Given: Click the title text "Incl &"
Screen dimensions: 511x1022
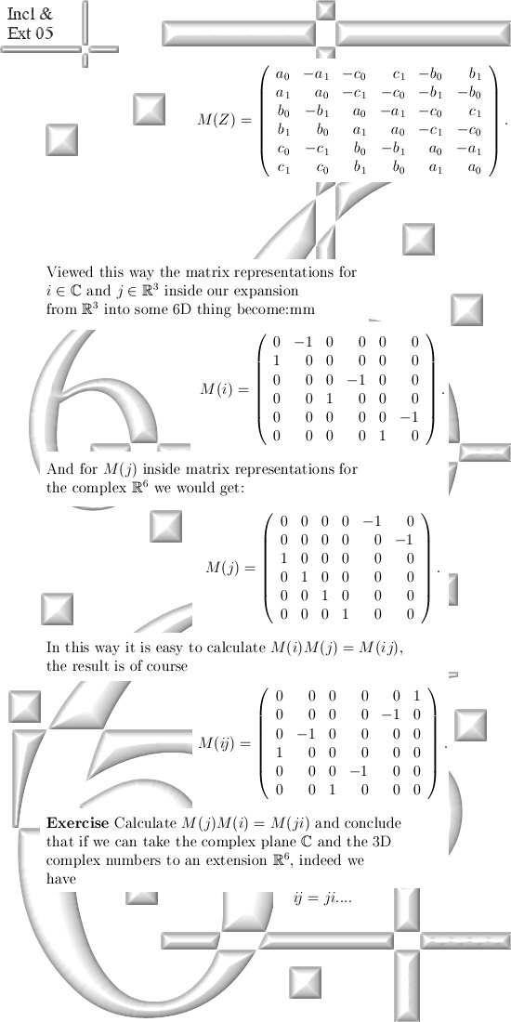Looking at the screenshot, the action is point(30,14).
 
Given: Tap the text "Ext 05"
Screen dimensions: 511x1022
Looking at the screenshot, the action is point(30,33).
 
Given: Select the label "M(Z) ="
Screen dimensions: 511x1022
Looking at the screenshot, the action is point(224,121).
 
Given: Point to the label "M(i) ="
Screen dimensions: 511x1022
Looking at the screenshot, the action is point(225,390).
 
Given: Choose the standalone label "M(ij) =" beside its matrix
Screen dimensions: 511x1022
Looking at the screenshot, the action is point(225,743).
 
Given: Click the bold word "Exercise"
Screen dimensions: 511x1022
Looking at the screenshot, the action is point(77,822).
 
